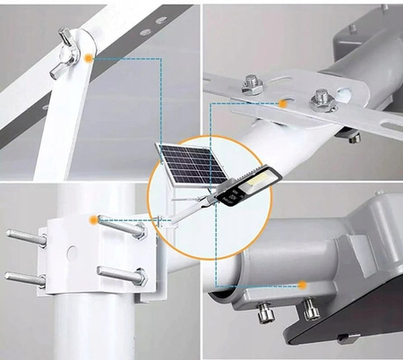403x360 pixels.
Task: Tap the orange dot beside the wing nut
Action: pyautogui.click(x=90, y=58)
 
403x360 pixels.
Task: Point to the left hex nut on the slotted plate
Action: pyautogui.click(x=253, y=86)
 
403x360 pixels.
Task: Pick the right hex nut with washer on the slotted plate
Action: pyautogui.click(x=319, y=100)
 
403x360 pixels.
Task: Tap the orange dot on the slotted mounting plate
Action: pyautogui.click(x=282, y=104)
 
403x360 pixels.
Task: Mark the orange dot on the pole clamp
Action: pyautogui.click(x=93, y=219)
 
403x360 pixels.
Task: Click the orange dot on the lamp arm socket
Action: pyautogui.click(x=303, y=285)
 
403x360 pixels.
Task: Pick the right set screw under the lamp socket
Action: pyautogui.click(x=310, y=311)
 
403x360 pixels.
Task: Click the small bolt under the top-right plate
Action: pyautogui.click(x=355, y=137)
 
